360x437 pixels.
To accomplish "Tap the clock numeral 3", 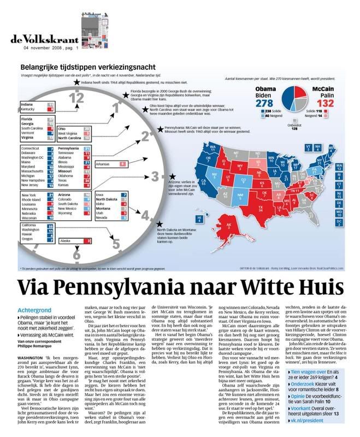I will pyautogui.click(x=155, y=176).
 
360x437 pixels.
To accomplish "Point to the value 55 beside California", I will pyautogui.click(x=51, y=225).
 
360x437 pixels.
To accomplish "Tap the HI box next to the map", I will pyautogui.click(x=200, y=219).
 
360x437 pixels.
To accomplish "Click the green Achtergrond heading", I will pyautogui.click(x=36, y=309).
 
